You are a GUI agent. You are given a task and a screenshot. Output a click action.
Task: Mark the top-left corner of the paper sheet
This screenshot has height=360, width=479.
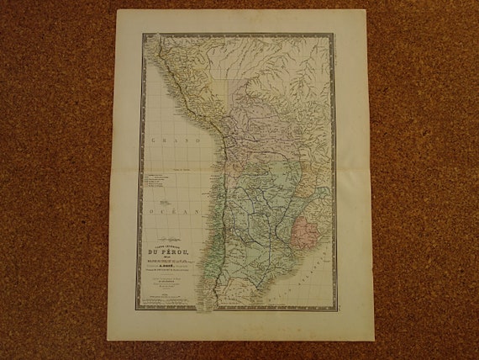point(117,11)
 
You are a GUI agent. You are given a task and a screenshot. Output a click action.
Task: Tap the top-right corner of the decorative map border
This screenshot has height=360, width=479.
point(334,34)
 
